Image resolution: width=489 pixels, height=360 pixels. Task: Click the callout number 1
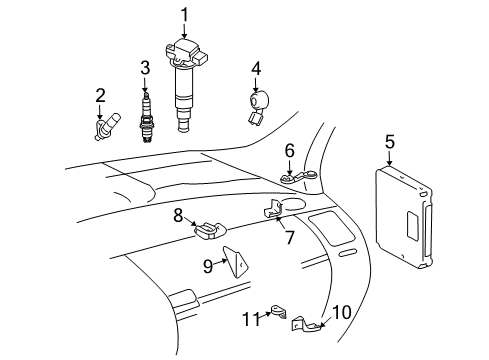pos(184,13)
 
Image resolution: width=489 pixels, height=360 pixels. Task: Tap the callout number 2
pos(100,96)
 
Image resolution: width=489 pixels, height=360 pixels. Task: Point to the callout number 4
pos(256,68)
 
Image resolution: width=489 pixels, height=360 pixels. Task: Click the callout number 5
pos(389,142)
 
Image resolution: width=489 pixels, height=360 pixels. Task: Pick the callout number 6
pos(289,151)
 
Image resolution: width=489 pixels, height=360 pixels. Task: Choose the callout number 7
pos(289,239)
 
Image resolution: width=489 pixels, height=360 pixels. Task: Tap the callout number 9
pos(209,265)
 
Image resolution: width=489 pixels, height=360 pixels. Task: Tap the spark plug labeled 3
pos(146,115)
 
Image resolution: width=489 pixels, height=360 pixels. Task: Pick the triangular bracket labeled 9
pos(236,262)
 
